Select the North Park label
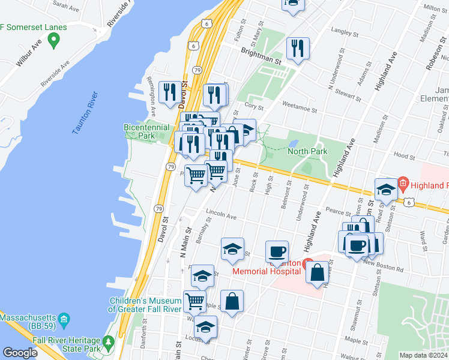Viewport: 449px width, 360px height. (307, 151)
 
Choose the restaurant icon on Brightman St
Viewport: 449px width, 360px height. (298, 47)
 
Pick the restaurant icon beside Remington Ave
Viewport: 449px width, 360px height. (169, 91)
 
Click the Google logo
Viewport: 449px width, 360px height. (20, 353)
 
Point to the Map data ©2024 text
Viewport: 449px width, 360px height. (423, 355)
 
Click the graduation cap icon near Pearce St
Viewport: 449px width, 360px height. (385, 188)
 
